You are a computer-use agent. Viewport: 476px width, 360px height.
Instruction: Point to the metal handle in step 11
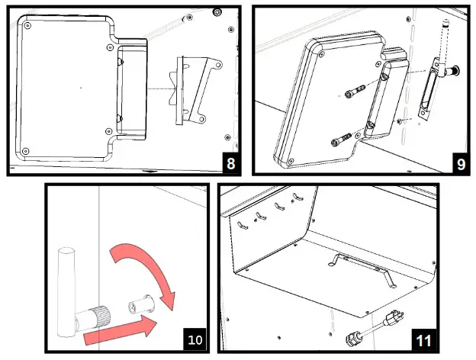click(x=359, y=264)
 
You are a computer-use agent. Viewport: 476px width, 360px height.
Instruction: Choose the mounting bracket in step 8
click(x=194, y=89)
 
